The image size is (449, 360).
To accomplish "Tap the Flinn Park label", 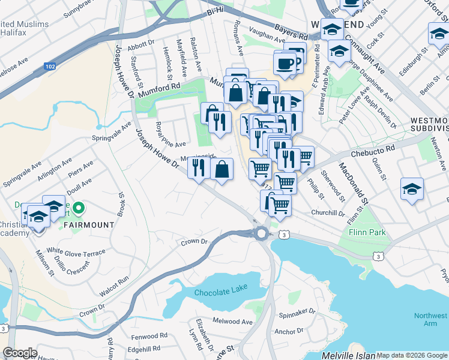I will click(361, 232).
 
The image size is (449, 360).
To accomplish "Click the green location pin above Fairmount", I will click(77, 209).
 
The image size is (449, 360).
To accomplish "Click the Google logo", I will click(20, 353).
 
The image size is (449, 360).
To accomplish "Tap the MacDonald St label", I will click(351, 182).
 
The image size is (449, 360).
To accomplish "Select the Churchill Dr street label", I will click(328, 213).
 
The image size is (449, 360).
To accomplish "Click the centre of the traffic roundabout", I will click(261, 234).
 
